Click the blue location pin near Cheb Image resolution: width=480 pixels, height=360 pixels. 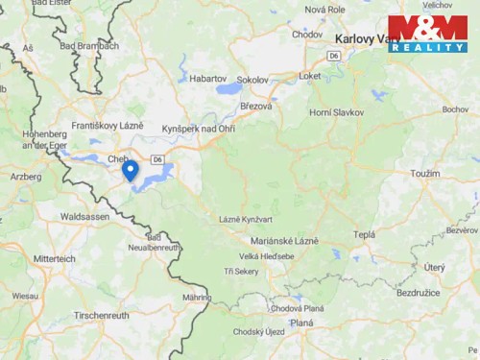[x=130, y=170]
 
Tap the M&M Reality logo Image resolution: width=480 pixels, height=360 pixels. [x=427, y=34]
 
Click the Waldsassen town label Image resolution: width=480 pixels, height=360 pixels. [x=84, y=217]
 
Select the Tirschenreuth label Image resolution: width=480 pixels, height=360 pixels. [x=101, y=315]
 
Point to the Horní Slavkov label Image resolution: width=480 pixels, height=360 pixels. [x=336, y=112]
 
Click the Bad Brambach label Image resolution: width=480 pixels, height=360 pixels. [x=89, y=45]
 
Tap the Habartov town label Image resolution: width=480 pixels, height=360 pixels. [x=208, y=78]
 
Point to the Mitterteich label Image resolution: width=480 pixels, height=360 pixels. [x=54, y=259]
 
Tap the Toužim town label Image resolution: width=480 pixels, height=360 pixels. [x=424, y=174]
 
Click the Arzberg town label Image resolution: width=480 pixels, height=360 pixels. [x=26, y=177]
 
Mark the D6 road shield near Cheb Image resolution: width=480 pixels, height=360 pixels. [x=158, y=157]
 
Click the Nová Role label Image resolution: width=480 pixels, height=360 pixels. [x=324, y=9]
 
